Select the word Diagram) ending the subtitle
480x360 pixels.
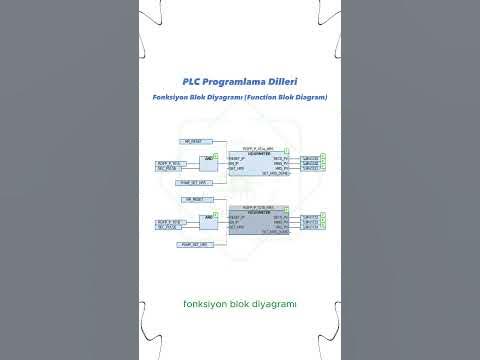pyautogui.click(x=310, y=97)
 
